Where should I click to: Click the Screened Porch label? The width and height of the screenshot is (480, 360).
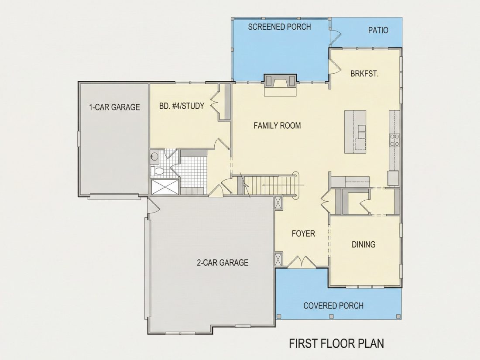pos(279,27)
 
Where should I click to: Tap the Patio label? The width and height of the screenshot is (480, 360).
pos(378,30)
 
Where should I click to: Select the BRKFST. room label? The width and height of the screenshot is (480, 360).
pos(364,74)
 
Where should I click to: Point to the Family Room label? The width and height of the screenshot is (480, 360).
pos(277,126)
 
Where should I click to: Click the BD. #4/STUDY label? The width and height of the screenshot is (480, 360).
pos(182,106)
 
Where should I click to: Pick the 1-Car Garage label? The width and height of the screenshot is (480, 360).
pos(114,107)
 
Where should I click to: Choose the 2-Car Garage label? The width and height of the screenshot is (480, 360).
pos(222,263)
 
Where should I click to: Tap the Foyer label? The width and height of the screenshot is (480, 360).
pos(303,234)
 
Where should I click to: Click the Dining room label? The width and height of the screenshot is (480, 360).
pos(363,245)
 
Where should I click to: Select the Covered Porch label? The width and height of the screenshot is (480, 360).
pos(333,306)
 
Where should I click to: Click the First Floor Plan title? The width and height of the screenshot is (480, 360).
pos(336,343)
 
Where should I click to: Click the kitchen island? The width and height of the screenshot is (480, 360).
pos(355,132)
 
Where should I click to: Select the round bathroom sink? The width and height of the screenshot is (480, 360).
pos(154,157)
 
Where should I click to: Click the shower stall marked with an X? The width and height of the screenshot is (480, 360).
pos(165,187)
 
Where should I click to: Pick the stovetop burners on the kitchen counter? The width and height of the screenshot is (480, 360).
pos(394,140)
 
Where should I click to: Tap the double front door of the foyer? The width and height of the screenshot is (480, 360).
pos(302,262)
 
